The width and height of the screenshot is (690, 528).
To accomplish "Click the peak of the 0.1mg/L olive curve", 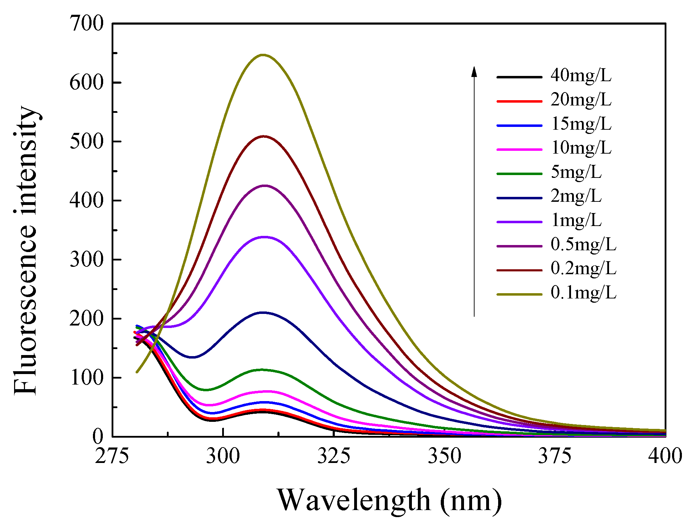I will click(263, 55).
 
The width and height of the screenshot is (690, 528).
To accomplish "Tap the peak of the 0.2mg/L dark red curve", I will click(263, 136).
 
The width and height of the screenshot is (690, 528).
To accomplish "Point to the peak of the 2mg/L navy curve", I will click(263, 313).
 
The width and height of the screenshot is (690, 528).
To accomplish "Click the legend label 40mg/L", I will click(581, 76).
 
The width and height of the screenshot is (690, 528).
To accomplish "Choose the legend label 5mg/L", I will click(576, 172).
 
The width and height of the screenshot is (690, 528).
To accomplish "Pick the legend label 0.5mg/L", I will click(583, 245).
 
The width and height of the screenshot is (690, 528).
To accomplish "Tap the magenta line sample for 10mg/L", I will click(519, 149).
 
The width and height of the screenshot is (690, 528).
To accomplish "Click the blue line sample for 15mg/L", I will click(519, 125).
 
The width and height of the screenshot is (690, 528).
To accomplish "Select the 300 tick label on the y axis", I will click(87, 260).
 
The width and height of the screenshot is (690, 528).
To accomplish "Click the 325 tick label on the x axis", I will click(333, 456).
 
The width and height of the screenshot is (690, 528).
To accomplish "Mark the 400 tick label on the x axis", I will click(665, 456).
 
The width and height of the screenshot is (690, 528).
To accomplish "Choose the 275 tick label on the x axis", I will click(112, 456).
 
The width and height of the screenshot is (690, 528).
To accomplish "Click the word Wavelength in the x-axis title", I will click(354, 500).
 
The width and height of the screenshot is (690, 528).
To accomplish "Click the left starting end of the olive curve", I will click(137, 372).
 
